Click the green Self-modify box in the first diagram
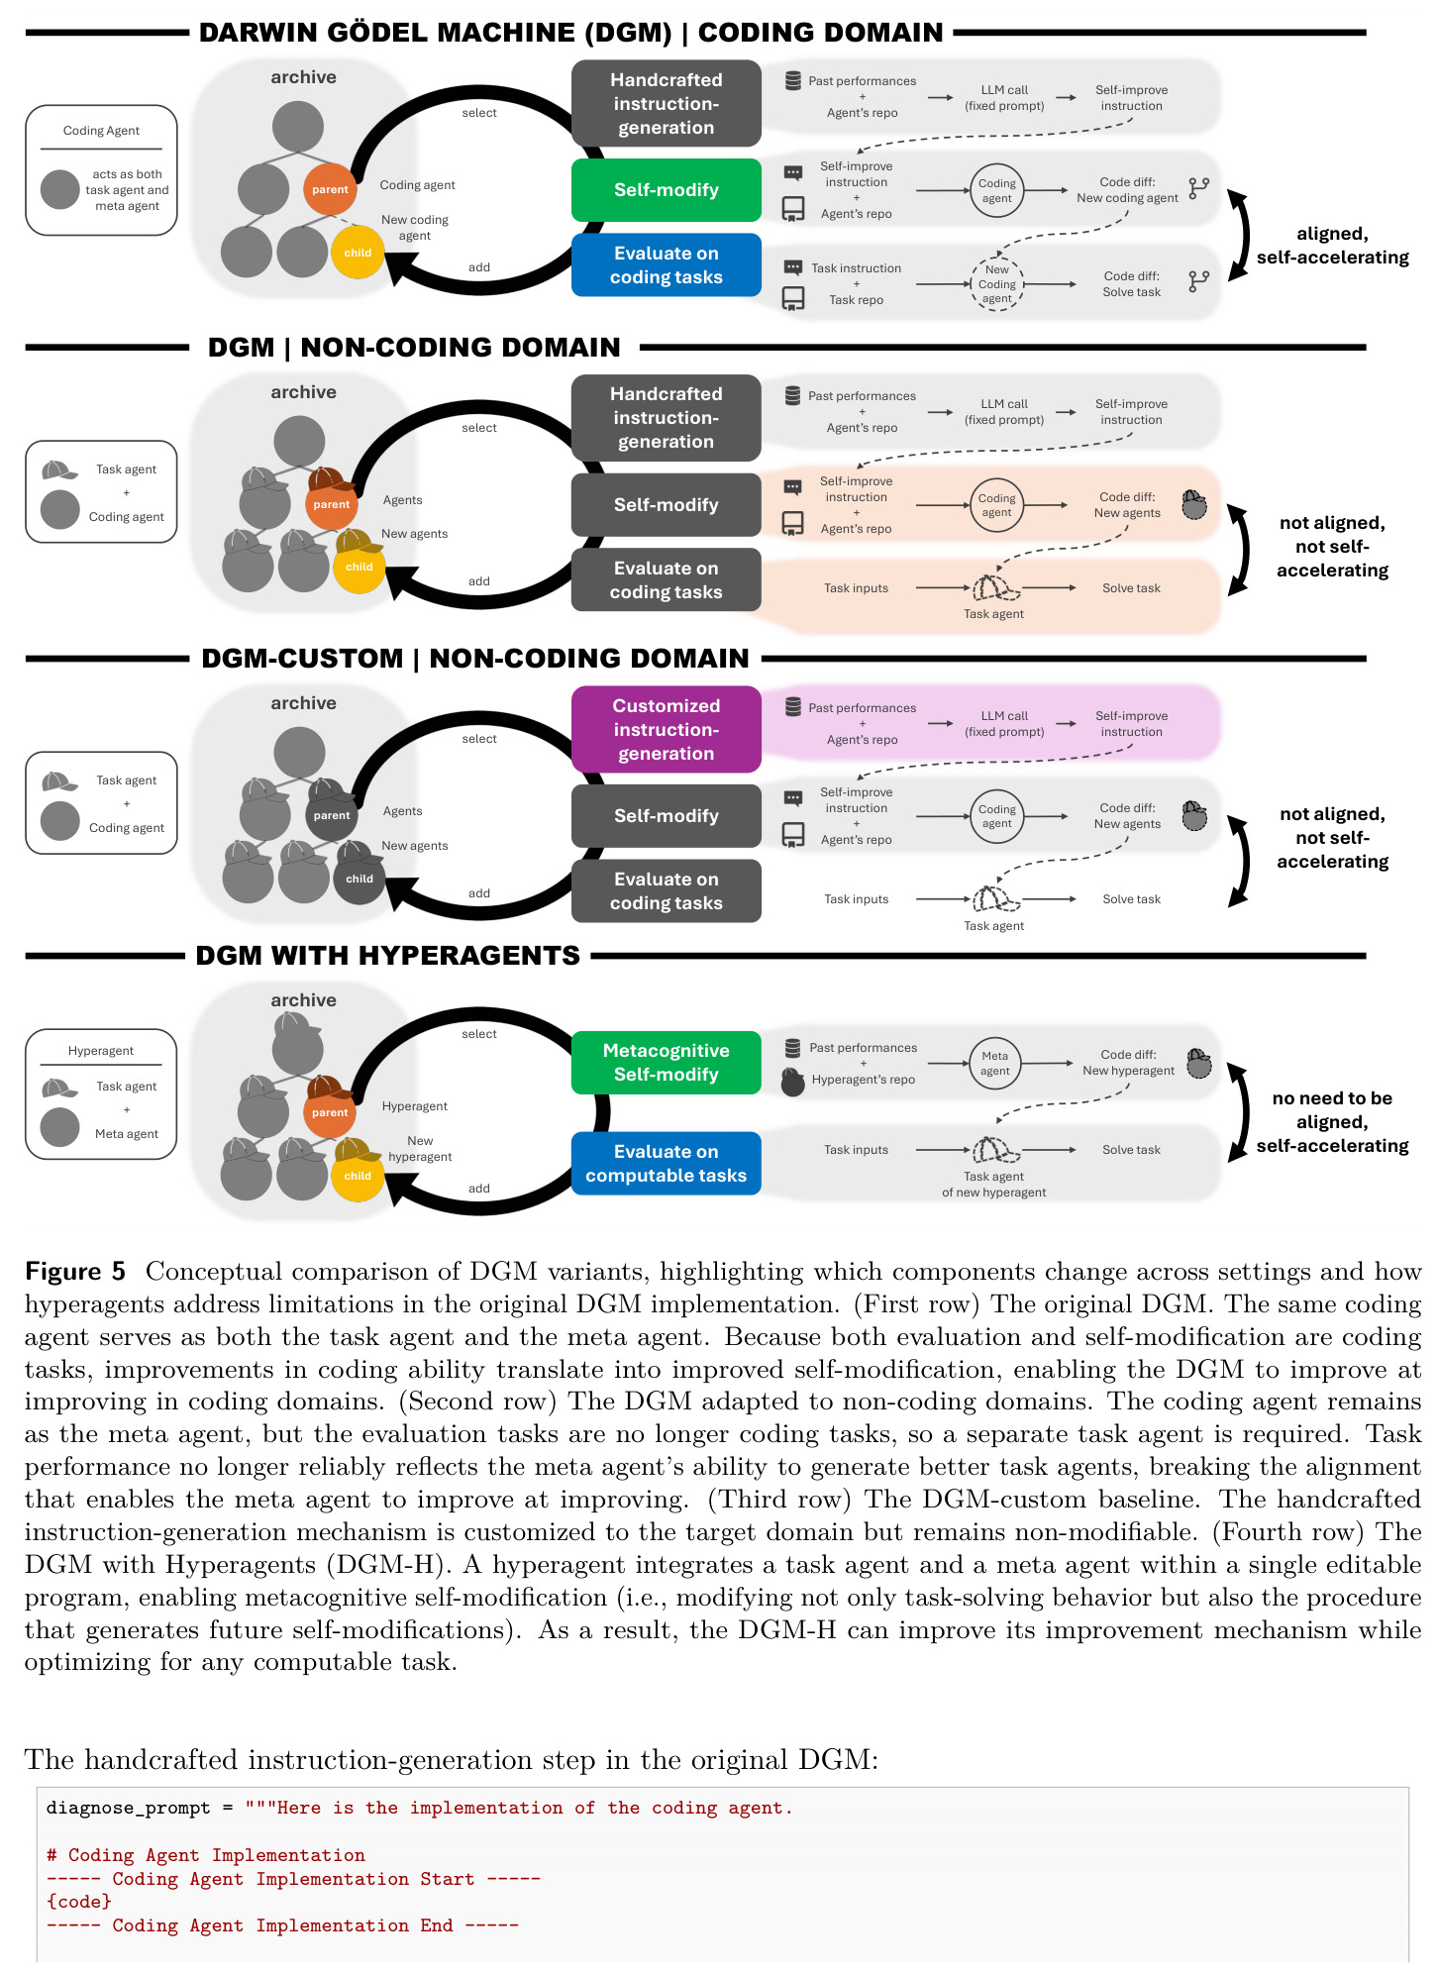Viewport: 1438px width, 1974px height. (666, 189)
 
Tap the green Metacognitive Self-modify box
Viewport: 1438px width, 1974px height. (666, 1062)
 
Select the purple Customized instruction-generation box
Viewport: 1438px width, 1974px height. (666, 729)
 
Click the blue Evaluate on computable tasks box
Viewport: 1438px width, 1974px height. (666, 1163)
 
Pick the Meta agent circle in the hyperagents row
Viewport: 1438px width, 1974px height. (994, 1063)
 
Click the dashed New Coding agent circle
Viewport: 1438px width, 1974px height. (996, 283)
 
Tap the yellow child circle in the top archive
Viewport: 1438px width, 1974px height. (358, 253)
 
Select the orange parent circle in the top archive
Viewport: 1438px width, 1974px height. (330, 189)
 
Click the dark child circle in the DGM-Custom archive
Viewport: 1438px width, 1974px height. (359, 879)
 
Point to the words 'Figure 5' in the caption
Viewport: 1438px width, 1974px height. (75, 1271)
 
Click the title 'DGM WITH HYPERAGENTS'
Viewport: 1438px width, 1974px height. (387, 955)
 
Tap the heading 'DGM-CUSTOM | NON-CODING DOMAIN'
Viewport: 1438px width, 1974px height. (475, 658)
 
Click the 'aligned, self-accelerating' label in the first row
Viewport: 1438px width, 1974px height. (1332, 246)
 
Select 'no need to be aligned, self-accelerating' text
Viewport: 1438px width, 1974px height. (1332, 1121)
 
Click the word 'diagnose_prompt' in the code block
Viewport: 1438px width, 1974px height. (129, 1808)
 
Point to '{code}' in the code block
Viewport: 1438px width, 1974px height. (79, 1902)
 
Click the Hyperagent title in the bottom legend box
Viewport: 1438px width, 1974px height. (101, 1051)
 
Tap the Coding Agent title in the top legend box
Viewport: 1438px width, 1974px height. (101, 131)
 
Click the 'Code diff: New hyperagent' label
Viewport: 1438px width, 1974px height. (1128, 1063)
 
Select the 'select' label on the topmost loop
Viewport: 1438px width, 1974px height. (479, 113)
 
